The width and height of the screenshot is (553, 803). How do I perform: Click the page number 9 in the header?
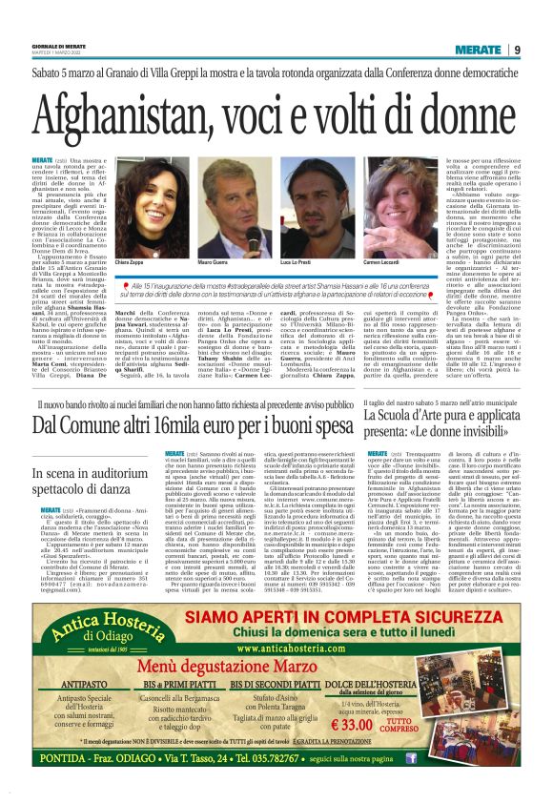click(x=516, y=50)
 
